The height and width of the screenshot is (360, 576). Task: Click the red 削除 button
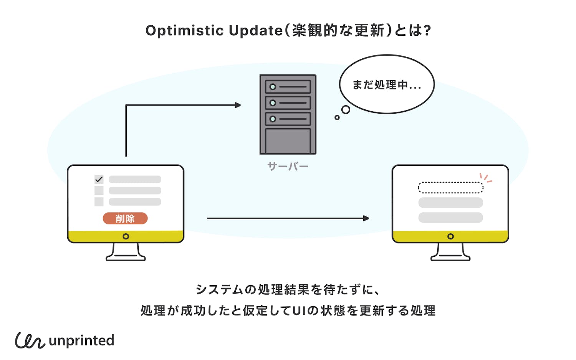[125, 218]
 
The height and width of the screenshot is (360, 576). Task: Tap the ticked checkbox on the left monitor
[99, 179]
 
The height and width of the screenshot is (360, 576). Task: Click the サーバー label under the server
[288, 167]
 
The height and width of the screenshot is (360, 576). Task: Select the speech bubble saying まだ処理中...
[387, 84]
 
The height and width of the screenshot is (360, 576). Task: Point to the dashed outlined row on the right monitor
[450, 187]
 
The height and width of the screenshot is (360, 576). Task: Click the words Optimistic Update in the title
[214, 31]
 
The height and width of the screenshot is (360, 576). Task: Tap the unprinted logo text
[81, 341]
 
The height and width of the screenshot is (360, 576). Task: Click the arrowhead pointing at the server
[238, 105]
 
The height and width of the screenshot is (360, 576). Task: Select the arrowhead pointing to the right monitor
[366, 218]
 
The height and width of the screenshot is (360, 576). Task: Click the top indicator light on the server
[273, 87]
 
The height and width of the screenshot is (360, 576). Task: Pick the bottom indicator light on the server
[273, 119]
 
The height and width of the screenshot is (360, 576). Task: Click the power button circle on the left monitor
[126, 236]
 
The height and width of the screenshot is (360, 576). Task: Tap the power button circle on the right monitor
[450, 236]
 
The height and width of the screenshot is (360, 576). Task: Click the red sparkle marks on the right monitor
[486, 178]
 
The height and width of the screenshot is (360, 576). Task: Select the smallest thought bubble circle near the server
[337, 117]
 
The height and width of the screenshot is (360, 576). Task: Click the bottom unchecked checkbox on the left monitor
[99, 201]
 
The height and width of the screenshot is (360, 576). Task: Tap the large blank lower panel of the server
[288, 141]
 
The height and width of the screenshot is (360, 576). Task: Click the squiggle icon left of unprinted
[30, 340]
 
